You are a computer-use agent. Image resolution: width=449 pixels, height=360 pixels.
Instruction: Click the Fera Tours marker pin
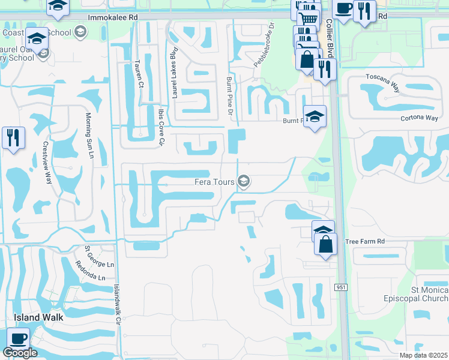coord(244,181)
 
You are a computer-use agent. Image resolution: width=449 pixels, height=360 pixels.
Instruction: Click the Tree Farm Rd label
coord(364,242)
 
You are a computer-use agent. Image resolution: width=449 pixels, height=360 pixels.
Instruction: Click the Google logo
coord(20,352)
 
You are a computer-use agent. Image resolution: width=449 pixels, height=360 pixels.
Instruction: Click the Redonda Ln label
coord(90,273)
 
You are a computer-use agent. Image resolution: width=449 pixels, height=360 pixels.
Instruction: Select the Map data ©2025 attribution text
coord(423,355)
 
